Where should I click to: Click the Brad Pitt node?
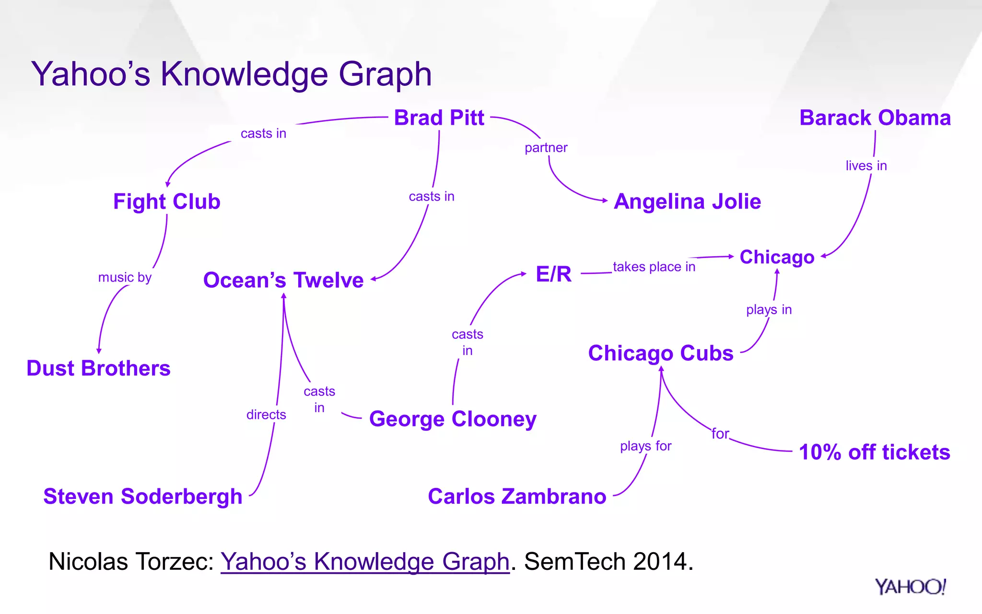pyautogui.click(x=439, y=118)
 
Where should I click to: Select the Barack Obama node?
pyautogui.click(x=875, y=118)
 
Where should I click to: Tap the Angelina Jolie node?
pyautogui.click(x=687, y=202)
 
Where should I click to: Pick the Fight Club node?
pyautogui.click(x=166, y=202)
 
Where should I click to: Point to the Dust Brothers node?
pyautogui.click(x=98, y=368)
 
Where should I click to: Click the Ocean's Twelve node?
pyautogui.click(x=283, y=280)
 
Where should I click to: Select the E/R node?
pyautogui.click(x=553, y=274)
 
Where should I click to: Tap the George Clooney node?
pyautogui.click(x=453, y=419)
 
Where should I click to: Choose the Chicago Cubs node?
pyautogui.click(x=660, y=354)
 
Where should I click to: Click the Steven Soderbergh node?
pyautogui.click(x=142, y=496)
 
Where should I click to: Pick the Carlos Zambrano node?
pyautogui.click(x=517, y=496)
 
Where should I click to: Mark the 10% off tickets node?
pyautogui.click(x=874, y=452)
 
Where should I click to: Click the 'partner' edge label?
pyautogui.click(x=546, y=148)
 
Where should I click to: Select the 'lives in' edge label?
pyautogui.click(x=866, y=166)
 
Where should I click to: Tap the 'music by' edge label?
pyautogui.click(x=125, y=277)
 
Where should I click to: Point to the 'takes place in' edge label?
pyautogui.click(x=654, y=267)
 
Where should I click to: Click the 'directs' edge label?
pyautogui.click(x=266, y=414)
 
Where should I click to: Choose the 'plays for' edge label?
pyautogui.click(x=645, y=446)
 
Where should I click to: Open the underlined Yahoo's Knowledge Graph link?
pyautogui.click(x=364, y=561)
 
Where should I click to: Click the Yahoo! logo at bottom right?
pyautogui.click(x=910, y=587)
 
